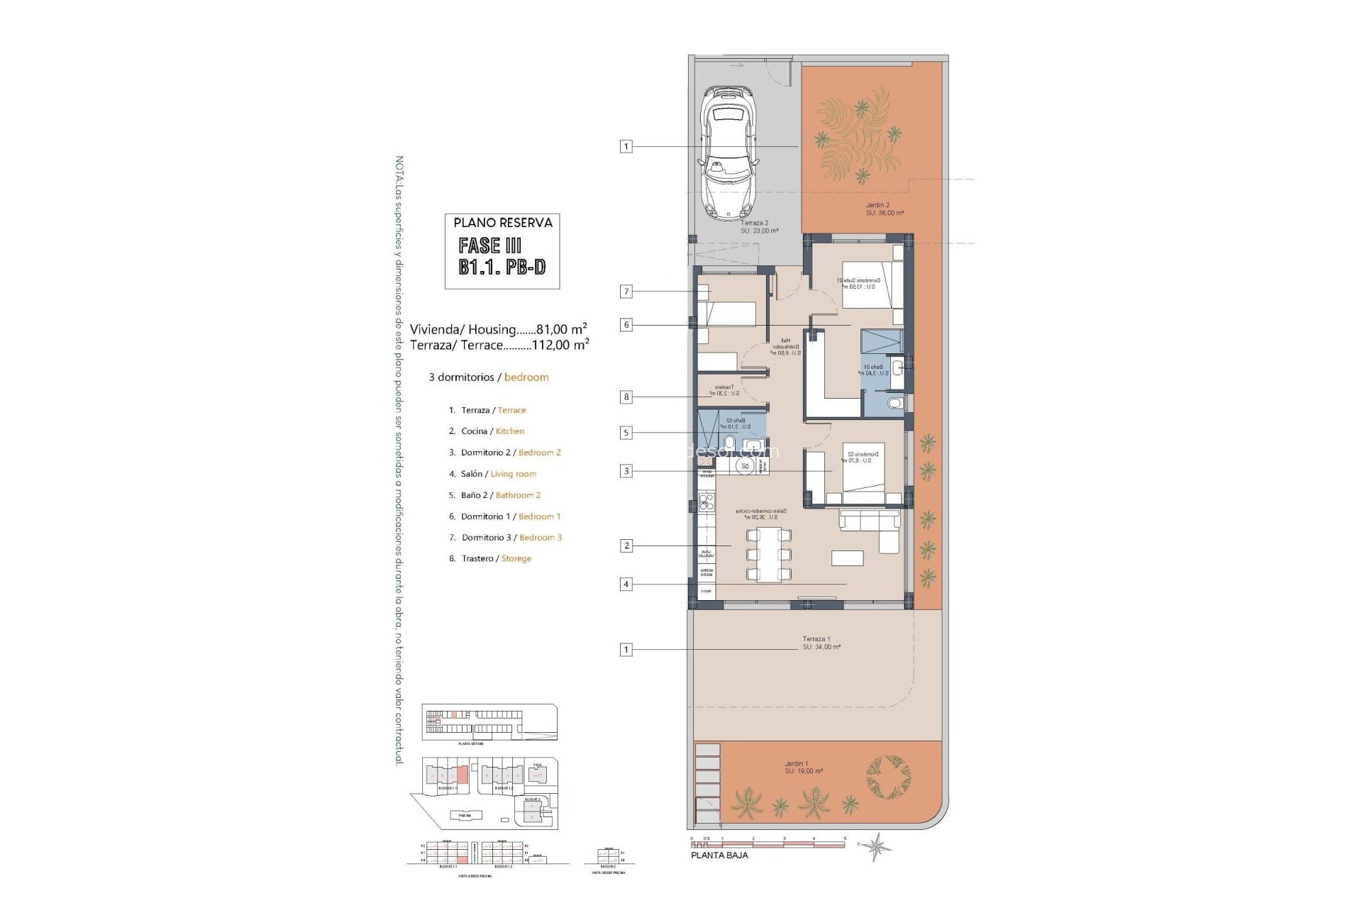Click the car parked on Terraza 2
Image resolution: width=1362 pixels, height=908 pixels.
coord(729,153)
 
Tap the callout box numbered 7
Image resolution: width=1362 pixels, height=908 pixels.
coord(626,291)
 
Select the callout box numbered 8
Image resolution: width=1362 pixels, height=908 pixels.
coord(626,397)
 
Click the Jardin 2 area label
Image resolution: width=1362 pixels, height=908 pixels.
coord(883,209)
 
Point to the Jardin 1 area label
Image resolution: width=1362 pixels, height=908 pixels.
coord(802,768)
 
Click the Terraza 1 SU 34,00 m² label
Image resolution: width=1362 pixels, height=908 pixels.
coord(821,643)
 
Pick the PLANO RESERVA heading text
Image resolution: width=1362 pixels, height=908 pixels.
coord(502,223)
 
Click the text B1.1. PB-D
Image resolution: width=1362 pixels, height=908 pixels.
coord(502,267)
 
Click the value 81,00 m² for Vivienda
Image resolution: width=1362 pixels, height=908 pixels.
coord(561,329)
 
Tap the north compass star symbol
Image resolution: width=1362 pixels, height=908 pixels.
coord(877,846)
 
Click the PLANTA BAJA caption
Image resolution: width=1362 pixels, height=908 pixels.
coord(719,856)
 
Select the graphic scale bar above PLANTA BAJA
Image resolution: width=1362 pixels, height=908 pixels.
coord(768,844)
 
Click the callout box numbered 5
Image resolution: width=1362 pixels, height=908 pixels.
coord(626,432)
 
